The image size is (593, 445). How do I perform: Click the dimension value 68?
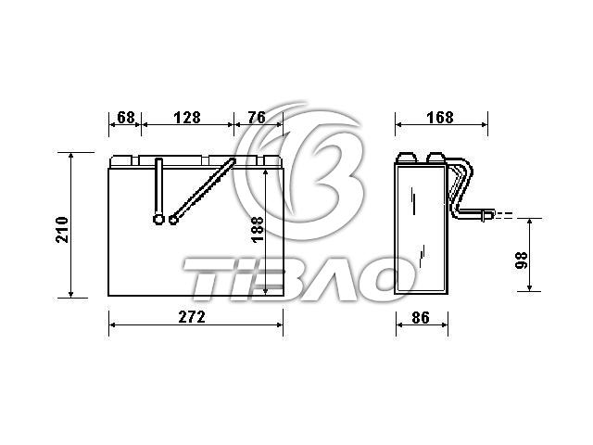point(126,118)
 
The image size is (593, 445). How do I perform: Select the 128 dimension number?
point(187,118)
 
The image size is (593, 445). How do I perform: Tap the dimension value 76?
point(257,118)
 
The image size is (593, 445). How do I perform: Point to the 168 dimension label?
point(440,118)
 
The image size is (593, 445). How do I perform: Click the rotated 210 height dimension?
point(62,230)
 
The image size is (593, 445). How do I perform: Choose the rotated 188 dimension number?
point(258,230)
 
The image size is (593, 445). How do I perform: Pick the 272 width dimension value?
point(192,317)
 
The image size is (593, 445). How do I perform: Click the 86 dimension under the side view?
point(421,317)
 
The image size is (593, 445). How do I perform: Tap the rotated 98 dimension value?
point(522,261)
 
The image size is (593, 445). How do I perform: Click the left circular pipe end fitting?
point(158,219)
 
